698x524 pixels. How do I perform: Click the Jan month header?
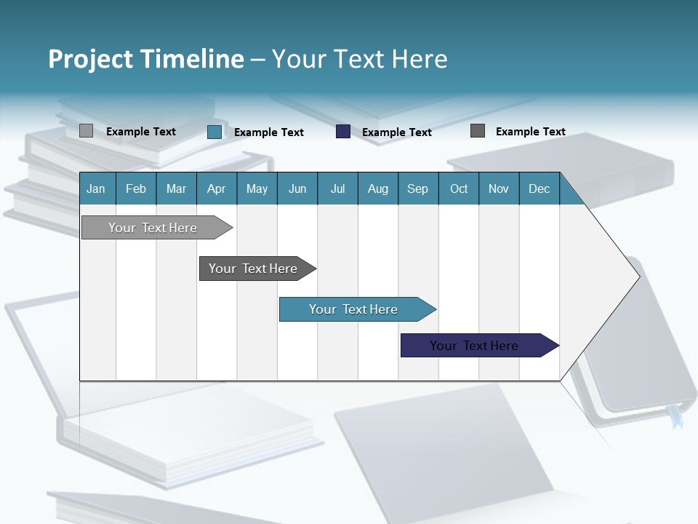[x=97, y=188]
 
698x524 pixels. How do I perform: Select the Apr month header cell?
[x=217, y=188]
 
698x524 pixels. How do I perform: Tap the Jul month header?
[x=337, y=188]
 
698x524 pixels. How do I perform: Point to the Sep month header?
[x=417, y=188]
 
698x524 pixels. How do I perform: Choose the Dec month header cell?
[x=539, y=188]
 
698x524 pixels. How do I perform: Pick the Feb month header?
[x=136, y=188]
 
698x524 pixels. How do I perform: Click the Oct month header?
[x=459, y=188]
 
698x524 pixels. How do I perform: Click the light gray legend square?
[x=86, y=131]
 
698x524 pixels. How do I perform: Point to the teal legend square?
[x=214, y=132]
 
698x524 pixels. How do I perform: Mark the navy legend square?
[x=343, y=132]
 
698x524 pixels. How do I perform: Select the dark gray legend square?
[x=478, y=131]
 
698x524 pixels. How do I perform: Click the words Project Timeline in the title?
[x=146, y=59]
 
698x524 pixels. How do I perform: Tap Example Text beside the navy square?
[x=396, y=132]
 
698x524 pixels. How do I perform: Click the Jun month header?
[x=297, y=188]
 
